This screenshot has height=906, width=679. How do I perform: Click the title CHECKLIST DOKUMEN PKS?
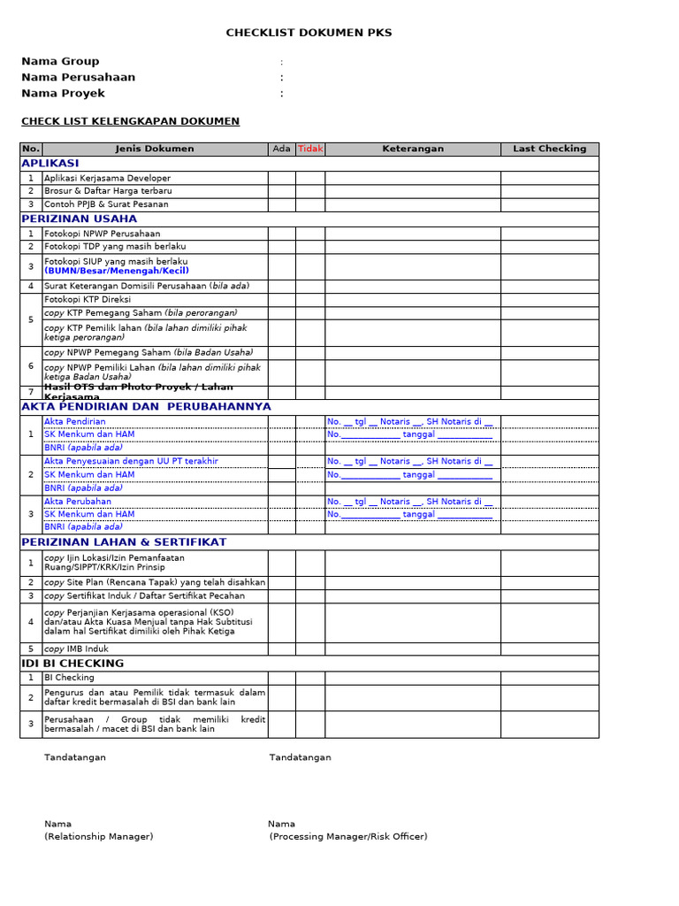309,33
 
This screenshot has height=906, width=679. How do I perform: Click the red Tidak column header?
310,149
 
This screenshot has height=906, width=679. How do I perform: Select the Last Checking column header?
549,149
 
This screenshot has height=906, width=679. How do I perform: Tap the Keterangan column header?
413,149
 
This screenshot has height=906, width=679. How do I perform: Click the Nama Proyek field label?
63,93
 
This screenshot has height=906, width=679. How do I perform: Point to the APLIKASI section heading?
50,164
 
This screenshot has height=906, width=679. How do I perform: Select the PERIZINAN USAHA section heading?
80,219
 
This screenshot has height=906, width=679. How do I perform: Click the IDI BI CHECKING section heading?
72,664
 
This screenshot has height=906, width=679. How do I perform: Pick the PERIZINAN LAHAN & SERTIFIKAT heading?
124,541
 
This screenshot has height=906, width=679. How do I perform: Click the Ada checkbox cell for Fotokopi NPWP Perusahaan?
281,234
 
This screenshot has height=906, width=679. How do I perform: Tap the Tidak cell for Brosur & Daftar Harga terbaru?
310,191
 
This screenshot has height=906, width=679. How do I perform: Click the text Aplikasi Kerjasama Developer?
107,178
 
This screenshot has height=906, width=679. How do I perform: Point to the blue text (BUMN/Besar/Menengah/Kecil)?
116,271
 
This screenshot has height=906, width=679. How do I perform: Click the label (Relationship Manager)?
98,836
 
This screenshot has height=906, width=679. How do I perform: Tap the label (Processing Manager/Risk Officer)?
348,836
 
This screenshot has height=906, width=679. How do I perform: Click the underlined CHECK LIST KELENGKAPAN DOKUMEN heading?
130,121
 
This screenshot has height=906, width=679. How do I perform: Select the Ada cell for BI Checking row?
281,678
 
